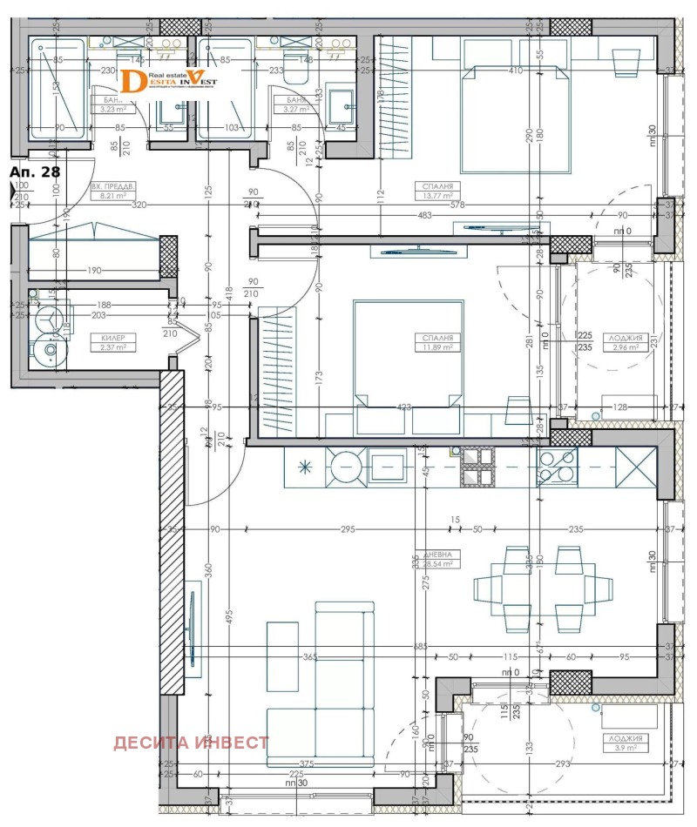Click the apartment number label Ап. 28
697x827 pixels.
(32, 173)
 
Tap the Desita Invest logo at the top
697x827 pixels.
(169, 80)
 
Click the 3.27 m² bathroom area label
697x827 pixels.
(294, 106)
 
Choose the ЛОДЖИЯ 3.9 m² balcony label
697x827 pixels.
(624, 742)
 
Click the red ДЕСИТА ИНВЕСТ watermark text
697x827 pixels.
(191, 743)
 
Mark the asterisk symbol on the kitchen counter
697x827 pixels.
(304, 465)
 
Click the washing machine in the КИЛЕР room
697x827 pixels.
(50, 352)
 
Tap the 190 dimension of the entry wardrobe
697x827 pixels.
(94, 271)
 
